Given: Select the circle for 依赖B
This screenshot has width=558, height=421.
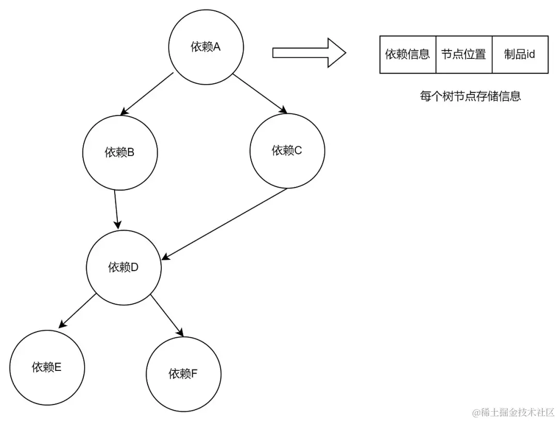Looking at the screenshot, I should coord(119,153).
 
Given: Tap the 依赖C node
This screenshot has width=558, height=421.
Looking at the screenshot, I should coord(287,151).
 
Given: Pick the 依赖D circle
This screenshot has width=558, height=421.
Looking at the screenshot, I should coord(123,268).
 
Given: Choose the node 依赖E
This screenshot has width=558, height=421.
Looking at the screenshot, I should coord(47,367).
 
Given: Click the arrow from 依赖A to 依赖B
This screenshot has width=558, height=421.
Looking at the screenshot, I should coord(147,93).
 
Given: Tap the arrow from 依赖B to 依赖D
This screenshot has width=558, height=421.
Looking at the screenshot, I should coord(117,209).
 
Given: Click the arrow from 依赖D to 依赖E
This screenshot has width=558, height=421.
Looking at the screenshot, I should coord(77,311).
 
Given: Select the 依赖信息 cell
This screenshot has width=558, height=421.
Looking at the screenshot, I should coord(408,54).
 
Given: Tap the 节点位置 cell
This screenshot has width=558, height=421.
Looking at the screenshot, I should coord(463,54).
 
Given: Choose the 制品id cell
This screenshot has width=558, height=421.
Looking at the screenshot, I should coord(520,54).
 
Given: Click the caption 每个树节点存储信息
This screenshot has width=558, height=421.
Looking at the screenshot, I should coord(470,97).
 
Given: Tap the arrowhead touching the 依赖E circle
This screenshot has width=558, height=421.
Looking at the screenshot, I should coord(61,325).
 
